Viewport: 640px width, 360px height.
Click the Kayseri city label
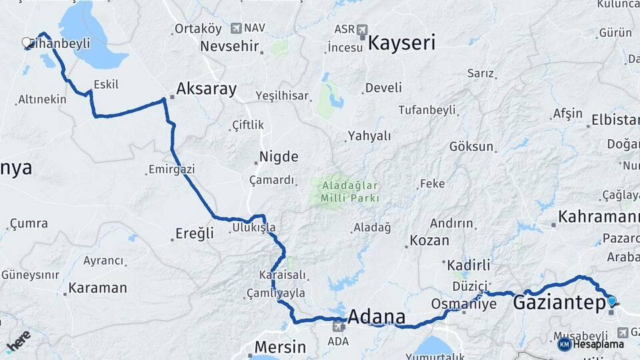[401, 44]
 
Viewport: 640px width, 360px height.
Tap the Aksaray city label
[207, 89]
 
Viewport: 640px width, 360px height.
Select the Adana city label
[377, 317]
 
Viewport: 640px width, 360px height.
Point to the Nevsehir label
[229, 47]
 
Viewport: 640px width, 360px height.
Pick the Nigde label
[278, 157]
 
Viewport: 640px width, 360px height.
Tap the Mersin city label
[279, 347]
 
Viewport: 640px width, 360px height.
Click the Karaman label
[97, 289]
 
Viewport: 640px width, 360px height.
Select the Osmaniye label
[464, 303]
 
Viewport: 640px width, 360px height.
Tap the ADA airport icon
[339, 325]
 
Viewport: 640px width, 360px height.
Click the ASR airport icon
[362, 30]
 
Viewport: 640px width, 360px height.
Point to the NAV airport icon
[237, 28]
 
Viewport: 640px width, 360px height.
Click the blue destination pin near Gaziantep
[612, 301]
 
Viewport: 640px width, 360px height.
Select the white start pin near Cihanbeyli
[26, 43]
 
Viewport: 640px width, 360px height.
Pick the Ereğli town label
[195, 233]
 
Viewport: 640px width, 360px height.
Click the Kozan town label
[429, 240]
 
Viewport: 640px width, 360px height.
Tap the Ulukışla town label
[253, 228]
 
